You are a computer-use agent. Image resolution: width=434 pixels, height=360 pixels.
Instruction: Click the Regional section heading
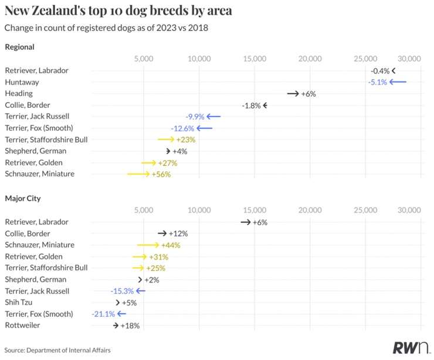19,47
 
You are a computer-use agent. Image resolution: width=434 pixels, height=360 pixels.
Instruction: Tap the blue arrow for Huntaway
398,82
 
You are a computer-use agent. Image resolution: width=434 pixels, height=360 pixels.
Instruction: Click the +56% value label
161,175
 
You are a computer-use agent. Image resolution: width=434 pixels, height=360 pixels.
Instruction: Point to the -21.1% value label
103,314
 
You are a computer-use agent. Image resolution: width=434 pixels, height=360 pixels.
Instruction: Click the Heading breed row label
19,94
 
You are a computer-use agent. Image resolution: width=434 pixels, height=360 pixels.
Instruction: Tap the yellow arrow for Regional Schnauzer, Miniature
138,174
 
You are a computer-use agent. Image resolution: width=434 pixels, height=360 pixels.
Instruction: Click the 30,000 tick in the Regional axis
409,59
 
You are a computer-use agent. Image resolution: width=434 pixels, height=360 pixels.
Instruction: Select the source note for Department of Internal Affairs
57,350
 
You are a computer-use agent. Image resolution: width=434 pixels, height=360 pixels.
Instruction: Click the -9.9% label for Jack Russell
195,117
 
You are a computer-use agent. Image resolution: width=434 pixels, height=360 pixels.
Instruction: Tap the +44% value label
171,245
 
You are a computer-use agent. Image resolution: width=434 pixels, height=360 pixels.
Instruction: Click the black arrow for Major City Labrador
246,222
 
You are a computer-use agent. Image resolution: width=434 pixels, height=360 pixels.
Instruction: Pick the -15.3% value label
122,291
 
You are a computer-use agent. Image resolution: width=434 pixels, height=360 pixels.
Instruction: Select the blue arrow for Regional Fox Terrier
205,128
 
